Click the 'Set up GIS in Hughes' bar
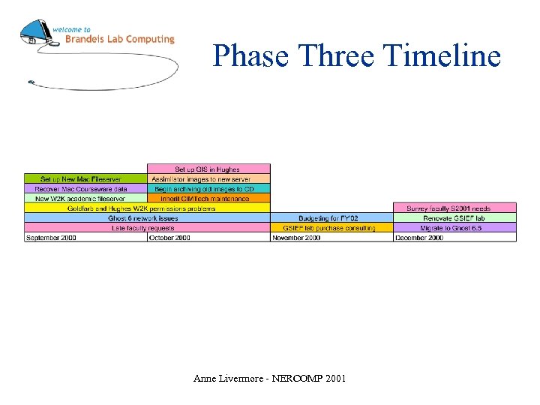(x=208, y=169)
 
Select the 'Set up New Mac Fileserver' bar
(x=85, y=179)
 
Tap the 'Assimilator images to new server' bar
(x=208, y=179)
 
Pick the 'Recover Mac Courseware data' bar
(x=85, y=189)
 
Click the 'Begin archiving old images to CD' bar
(x=208, y=189)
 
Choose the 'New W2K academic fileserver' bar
(x=85, y=199)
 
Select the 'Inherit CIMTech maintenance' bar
(x=208, y=199)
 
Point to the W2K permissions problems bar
(x=146, y=208)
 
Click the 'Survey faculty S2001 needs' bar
(x=455, y=208)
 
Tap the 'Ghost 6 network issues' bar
(x=146, y=218)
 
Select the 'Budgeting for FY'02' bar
(x=332, y=218)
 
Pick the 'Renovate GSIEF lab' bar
(x=455, y=218)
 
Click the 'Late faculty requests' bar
(x=146, y=228)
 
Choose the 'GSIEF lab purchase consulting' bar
(x=332, y=228)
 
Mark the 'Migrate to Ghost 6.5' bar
(x=455, y=228)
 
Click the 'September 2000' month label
(x=51, y=238)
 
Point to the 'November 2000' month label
(x=297, y=238)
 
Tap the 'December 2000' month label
(x=420, y=238)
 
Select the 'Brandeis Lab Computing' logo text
(x=119, y=39)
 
